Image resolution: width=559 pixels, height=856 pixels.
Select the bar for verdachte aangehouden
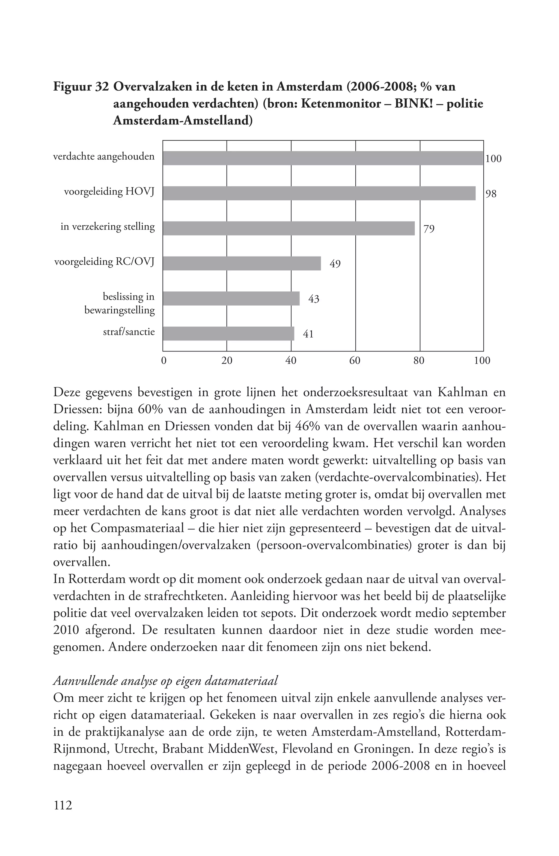(323, 158)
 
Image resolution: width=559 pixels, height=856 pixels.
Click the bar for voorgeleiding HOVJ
(319, 193)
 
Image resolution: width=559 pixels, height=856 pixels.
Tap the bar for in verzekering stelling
(289, 228)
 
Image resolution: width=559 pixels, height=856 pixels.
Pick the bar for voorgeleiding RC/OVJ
(242, 263)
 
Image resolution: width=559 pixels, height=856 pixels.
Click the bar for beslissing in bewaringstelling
(231, 299)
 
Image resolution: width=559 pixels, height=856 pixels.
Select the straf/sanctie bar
(228, 333)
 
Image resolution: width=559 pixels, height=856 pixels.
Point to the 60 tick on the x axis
(355, 361)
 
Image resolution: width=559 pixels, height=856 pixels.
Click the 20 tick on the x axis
(227, 361)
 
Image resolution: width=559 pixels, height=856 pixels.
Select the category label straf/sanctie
(129, 332)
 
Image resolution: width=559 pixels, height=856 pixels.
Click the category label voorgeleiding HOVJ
(109, 192)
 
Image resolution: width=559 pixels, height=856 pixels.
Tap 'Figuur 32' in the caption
(81, 87)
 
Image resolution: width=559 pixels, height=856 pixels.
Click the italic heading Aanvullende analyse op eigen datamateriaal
(165, 681)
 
